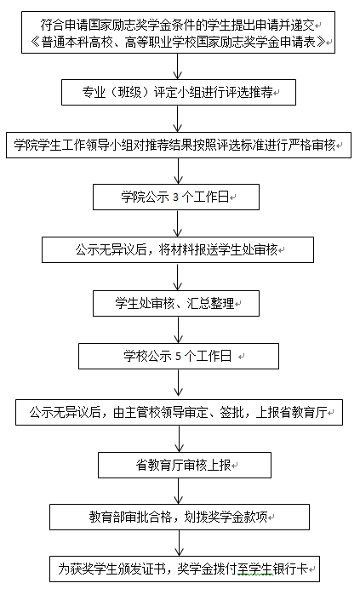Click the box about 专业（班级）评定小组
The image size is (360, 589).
click(x=179, y=92)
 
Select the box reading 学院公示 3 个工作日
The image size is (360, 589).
click(x=176, y=197)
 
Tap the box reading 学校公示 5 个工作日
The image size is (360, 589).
click(x=179, y=356)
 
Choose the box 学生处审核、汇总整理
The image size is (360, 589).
click(x=176, y=303)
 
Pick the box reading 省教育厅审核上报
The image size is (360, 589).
click(x=185, y=465)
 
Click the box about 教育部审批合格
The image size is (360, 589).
click(x=180, y=518)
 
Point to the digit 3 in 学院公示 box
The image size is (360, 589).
click(x=175, y=197)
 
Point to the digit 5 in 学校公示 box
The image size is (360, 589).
click(x=178, y=356)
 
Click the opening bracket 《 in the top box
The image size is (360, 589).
click(x=35, y=42)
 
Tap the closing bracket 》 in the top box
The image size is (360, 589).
click(x=321, y=42)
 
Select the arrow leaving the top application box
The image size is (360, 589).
click(x=178, y=66)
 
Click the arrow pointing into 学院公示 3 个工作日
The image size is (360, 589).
click(x=178, y=171)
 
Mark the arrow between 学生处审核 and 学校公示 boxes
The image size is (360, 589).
click(x=178, y=329)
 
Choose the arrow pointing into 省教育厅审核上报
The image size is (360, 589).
click(x=179, y=438)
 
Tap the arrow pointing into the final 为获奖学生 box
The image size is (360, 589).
click(x=179, y=543)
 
